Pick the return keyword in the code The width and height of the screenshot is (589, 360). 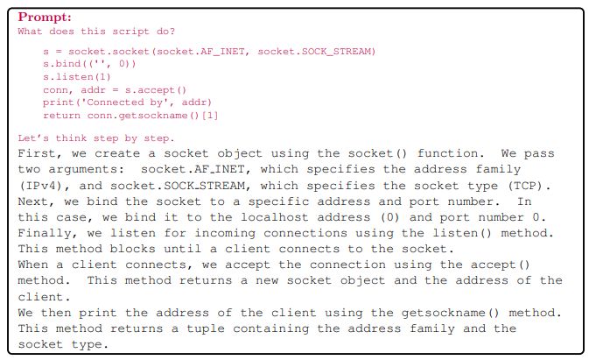tap(62, 115)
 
